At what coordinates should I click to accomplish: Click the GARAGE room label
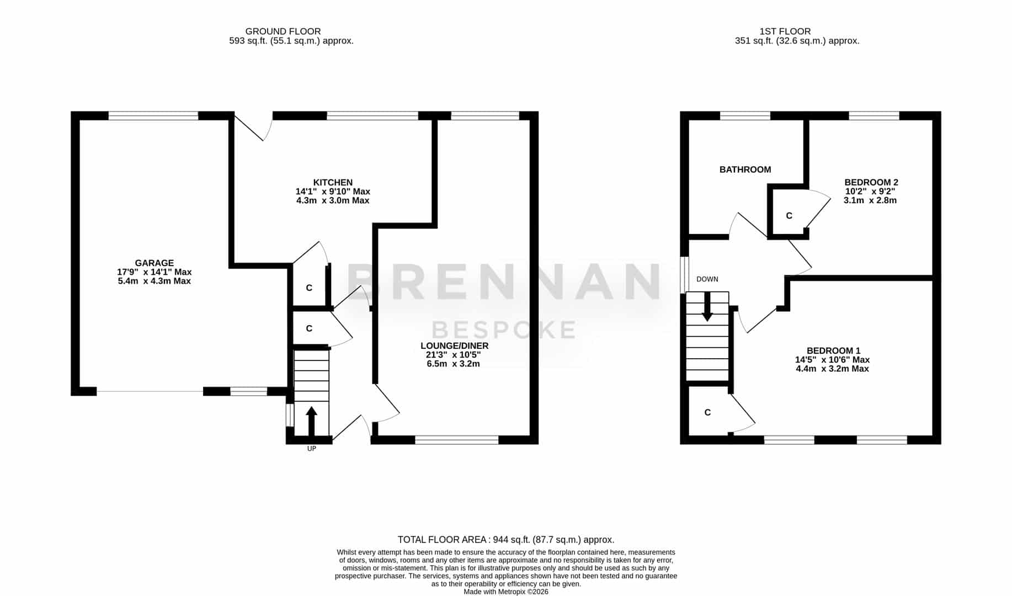pos(155,263)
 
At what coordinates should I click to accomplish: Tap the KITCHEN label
pos(333,183)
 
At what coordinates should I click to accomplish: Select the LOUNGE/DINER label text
pos(454,346)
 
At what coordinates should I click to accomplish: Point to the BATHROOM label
pos(745,169)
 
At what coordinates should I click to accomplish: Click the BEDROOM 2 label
pos(871,182)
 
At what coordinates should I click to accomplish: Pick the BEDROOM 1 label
pos(833,350)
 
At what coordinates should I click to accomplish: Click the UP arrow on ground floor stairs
pos(311,421)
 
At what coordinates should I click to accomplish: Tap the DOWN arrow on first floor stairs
pos(707,307)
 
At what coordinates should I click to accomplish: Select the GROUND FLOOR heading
pos(283,31)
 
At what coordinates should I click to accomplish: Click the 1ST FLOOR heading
pos(785,31)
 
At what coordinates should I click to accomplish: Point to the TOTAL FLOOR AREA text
pos(506,540)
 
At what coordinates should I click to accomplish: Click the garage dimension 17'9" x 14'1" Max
pos(155,272)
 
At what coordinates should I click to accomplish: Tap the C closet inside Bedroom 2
pos(789,216)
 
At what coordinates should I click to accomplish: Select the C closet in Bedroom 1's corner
pos(707,412)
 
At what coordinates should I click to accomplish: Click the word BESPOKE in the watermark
pos(504,330)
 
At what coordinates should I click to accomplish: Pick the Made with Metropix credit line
pos(506,592)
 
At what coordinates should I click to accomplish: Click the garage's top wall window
pos(153,116)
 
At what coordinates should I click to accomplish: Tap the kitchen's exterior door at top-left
pos(253,126)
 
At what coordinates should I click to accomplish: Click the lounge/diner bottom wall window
pos(456,440)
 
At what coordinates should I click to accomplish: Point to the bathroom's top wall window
pos(745,116)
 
